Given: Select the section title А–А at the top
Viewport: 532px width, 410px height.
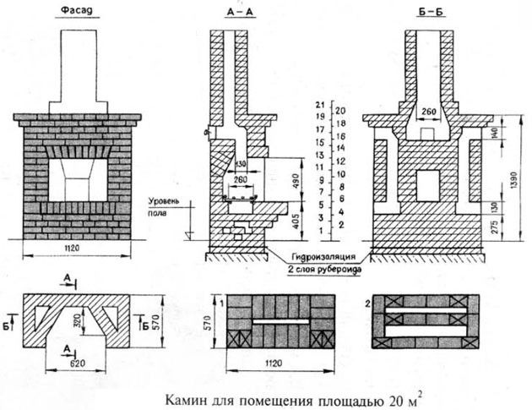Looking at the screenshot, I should (x=238, y=11).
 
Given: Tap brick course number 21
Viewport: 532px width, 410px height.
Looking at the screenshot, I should (x=320, y=103).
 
